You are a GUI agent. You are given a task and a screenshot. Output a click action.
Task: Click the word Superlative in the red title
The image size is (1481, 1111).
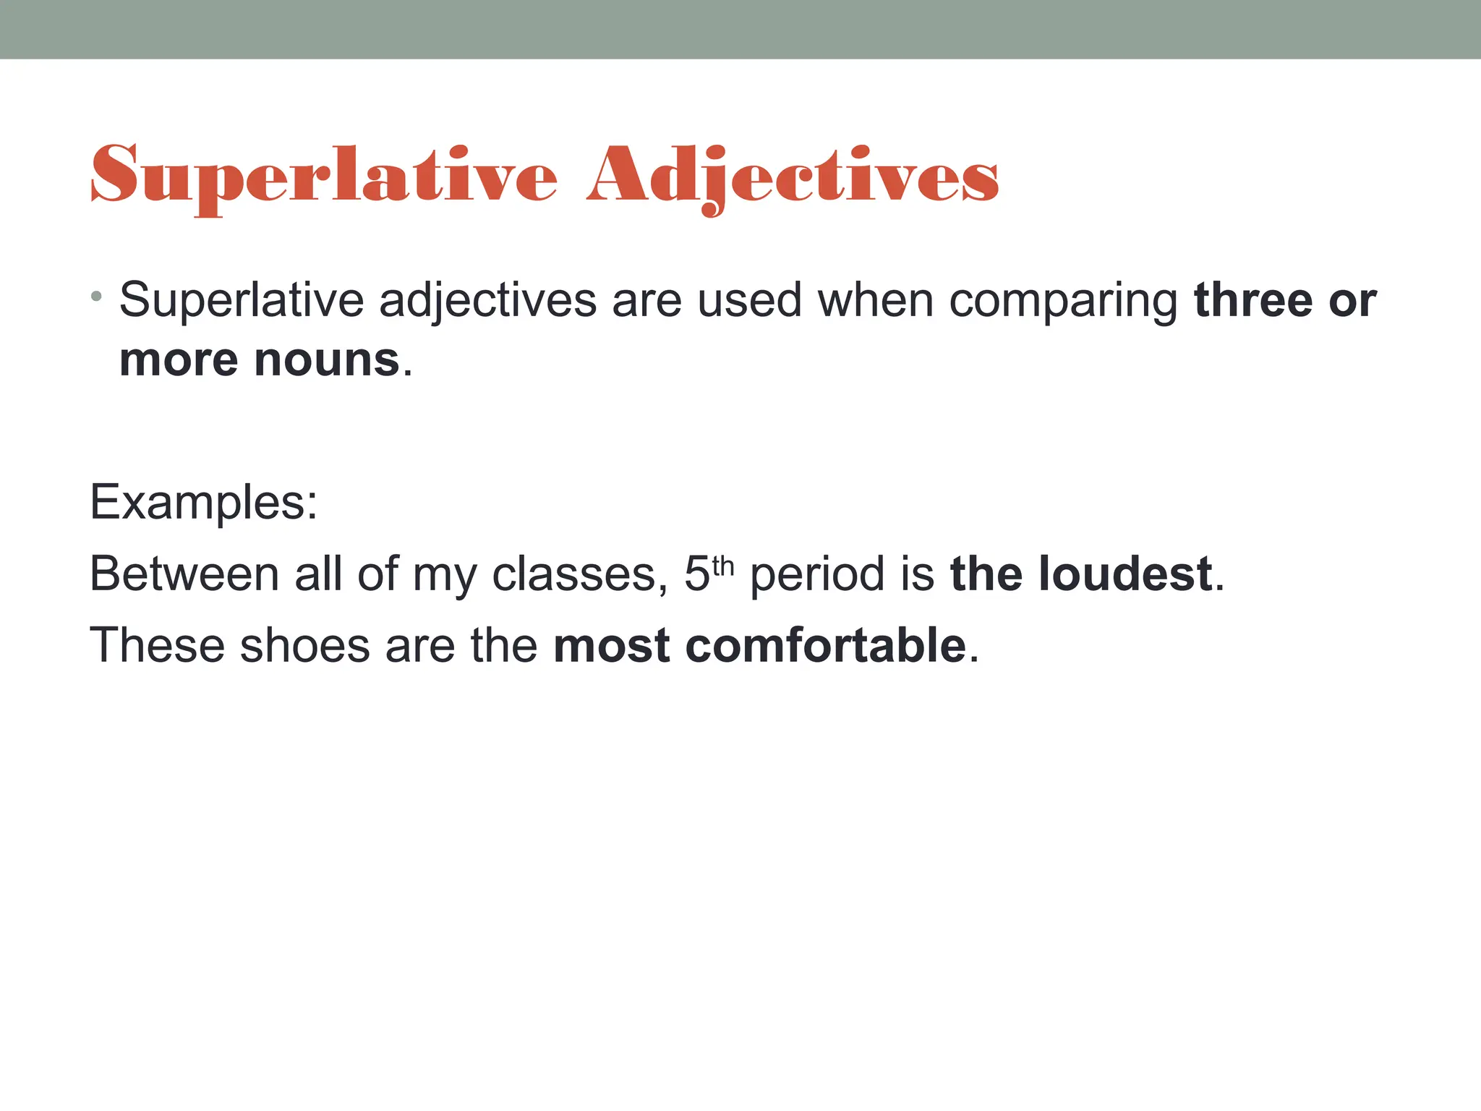point(324,176)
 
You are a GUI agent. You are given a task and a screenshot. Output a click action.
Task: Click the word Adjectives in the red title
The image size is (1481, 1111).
point(793,176)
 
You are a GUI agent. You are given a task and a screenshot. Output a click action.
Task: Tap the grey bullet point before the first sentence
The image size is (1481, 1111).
point(97,297)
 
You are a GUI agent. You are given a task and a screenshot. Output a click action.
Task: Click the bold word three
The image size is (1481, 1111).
point(1252,299)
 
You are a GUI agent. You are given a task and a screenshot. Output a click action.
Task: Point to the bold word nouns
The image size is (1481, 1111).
point(327,359)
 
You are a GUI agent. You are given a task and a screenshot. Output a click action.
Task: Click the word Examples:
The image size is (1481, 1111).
point(203,502)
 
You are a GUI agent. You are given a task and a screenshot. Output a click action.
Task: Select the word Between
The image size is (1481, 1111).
point(184,574)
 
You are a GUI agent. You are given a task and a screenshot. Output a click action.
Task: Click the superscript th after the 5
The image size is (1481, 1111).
point(723,566)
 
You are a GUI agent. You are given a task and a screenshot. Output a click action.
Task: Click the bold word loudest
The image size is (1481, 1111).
point(1125,574)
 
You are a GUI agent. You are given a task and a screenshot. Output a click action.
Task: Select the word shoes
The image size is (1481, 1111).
point(304,645)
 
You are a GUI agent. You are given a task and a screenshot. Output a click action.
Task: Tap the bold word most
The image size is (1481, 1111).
point(612,645)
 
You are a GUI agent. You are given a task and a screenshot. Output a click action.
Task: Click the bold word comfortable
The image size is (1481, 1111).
point(825,645)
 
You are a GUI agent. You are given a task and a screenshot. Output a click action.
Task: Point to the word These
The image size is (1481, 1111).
point(157,645)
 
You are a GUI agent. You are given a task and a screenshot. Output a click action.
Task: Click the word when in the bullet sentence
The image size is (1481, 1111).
point(875,299)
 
